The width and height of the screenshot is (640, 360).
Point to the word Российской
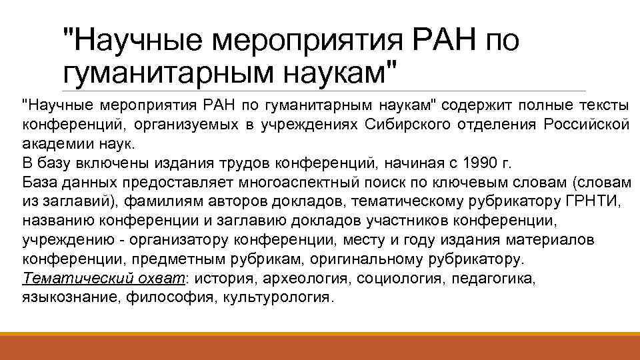pos(586,124)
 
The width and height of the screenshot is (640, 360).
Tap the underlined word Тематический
pos(66,277)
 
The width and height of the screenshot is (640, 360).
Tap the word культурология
pos(277,297)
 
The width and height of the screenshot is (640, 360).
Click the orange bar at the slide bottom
pos(320,346)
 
